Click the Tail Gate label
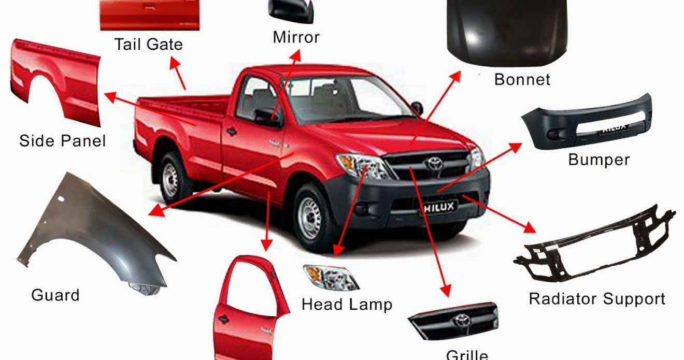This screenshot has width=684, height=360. (x=148, y=45)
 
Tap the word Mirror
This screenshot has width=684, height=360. (x=296, y=38)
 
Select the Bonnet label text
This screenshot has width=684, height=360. (x=522, y=80)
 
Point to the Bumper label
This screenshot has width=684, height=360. (x=598, y=160)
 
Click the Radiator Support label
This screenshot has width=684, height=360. (x=597, y=299)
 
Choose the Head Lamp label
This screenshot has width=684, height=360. (x=347, y=305)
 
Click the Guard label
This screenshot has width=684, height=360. (x=55, y=295)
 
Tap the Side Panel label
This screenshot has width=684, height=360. (x=63, y=141)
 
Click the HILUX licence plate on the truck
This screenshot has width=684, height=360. (x=440, y=207)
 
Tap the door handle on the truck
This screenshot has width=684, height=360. (x=231, y=132)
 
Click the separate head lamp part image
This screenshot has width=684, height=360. (x=331, y=278)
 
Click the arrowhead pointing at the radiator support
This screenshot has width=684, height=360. (x=529, y=227)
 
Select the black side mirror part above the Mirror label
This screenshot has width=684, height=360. (x=291, y=11)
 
